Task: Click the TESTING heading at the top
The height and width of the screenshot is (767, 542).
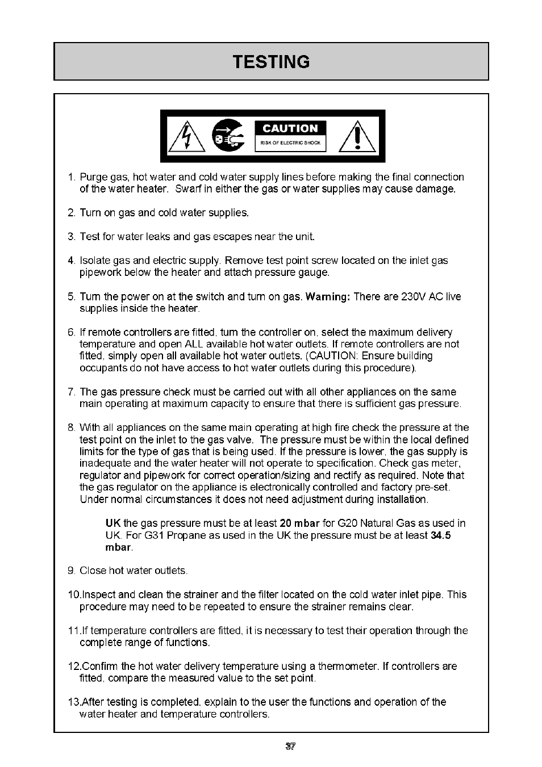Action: [x=271, y=61]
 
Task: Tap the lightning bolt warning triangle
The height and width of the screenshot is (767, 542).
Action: [x=187, y=137]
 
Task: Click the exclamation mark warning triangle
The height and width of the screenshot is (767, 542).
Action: [x=357, y=137]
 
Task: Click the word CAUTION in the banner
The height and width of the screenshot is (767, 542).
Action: [x=290, y=129]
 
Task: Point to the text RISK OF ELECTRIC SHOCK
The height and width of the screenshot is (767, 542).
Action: [x=290, y=143]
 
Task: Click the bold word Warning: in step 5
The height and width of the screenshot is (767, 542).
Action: [x=328, y=297]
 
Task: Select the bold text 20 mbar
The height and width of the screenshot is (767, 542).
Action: [x=299, y=523]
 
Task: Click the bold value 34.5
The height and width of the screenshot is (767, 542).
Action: [x=440, y=535]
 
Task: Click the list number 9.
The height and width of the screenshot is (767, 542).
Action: [x=70, y=571]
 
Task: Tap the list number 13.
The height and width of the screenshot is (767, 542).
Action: [x=73, y=702]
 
